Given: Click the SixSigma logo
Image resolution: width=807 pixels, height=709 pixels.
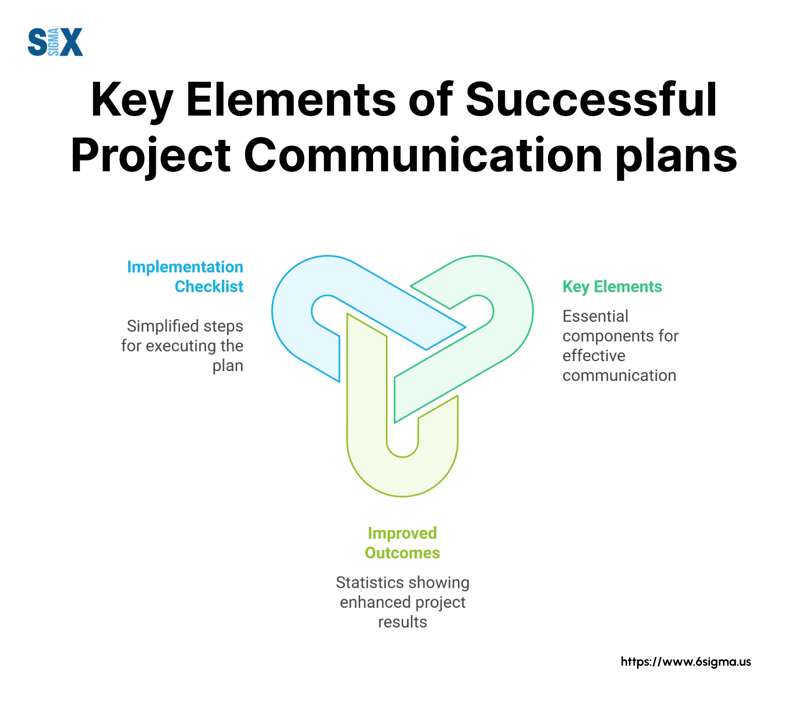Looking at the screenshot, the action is [x=55, y=42].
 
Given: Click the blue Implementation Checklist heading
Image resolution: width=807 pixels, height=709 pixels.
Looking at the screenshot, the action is [x=185, y=277].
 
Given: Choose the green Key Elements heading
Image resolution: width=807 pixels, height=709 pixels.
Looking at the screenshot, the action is [x=612, y=287].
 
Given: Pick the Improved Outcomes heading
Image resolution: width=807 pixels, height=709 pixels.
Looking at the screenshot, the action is [x=402, y=543].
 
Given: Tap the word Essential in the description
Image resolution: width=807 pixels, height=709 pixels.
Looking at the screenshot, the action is [x=595, y=316].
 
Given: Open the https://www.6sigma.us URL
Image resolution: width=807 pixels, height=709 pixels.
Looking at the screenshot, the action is [x=686, y=662].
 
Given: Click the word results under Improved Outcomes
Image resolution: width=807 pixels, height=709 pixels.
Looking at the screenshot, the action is [x=402, y=622].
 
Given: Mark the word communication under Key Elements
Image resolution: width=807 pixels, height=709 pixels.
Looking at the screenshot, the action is [x=619, y=376].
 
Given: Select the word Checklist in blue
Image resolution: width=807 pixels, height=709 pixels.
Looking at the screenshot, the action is [x=209, y=287].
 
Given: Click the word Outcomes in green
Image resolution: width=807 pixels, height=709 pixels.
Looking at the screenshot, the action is [x=402, y=553].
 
